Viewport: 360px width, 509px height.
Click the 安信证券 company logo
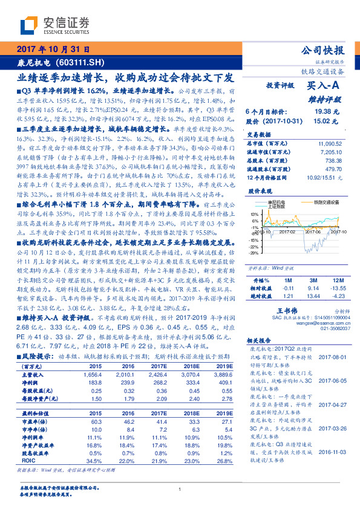[x=54, y=25]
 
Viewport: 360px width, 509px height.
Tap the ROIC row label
[x=27, y=461]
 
